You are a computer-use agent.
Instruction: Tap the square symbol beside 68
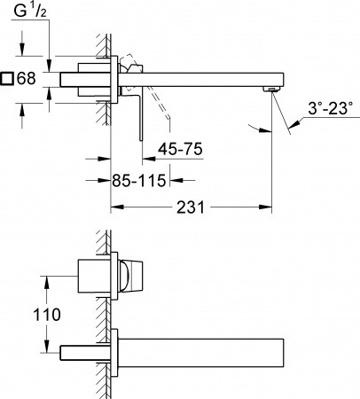[8, 79]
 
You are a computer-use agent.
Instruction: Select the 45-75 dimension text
[180, 150]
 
